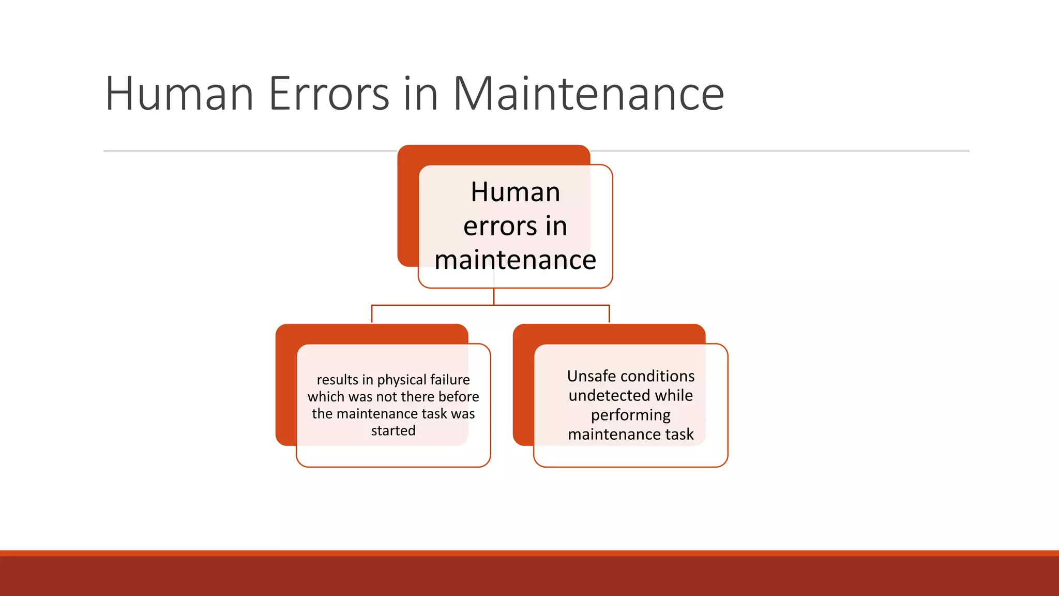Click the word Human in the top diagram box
pyautogui.click(x=515, y=192)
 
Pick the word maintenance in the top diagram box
pyautogui.click(x=515, y=260)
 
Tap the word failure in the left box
pyautogui.click(x=450, y=380)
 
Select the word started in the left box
pyautogui.click(x=393, y=430)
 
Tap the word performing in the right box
pyautogui.click(x=630, y=415)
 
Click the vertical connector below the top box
pyautogui.click(x=494, y=296)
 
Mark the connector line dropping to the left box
pyautogui.click(x=372, y=314)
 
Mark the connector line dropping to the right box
pyautogui.click(x=609, y=314)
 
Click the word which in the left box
pyautogui.click(x=326, y=397)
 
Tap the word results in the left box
pyautogui.click(x=337, y=380)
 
